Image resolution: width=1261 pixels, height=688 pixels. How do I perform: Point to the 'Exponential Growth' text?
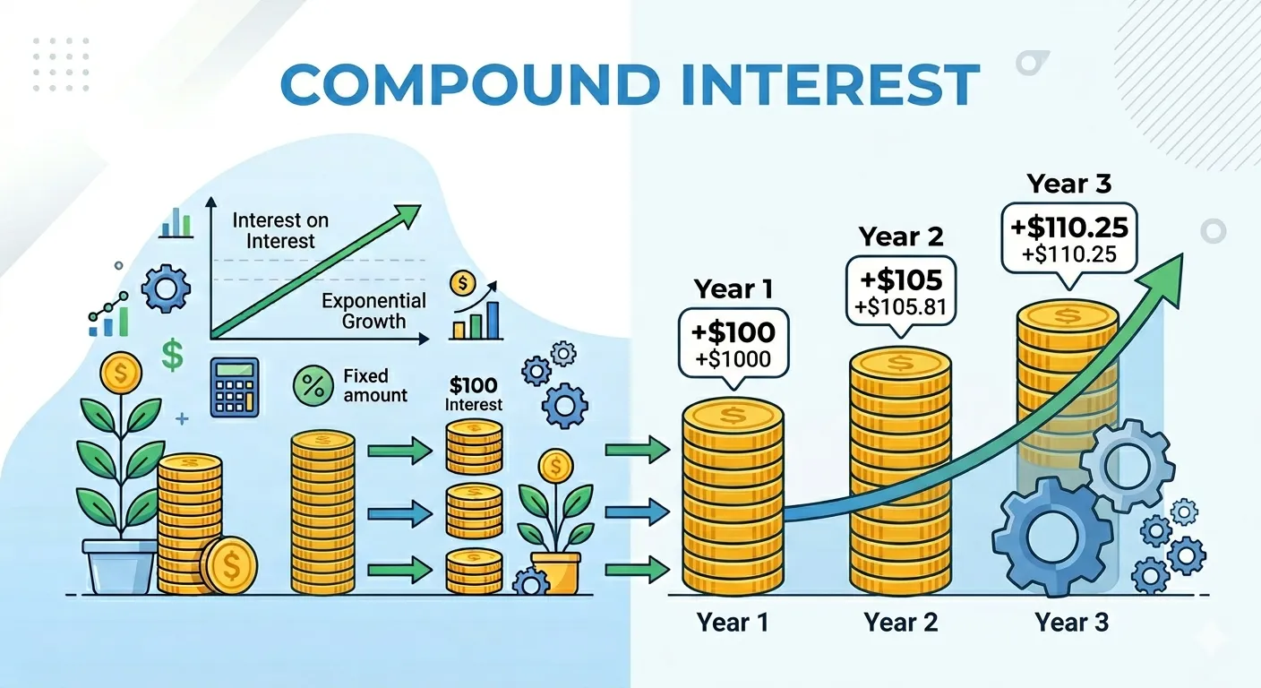tap(373, 311)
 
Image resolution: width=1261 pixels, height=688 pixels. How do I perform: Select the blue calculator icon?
tap(235, 387)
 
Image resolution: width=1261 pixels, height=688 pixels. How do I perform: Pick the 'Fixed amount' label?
tap(374, 386)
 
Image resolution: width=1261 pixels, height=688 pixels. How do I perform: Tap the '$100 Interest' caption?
tap(475, 395)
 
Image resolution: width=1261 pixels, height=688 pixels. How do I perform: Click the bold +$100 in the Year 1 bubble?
tap(733, 333)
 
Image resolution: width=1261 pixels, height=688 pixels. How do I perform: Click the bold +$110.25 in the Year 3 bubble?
tap(1068, 227)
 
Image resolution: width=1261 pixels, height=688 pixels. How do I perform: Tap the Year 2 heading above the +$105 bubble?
tap(901, 236)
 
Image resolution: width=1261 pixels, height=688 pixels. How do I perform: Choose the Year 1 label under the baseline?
tap(732, 622)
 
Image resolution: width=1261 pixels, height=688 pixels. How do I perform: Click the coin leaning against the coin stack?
tap(229, 564)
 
